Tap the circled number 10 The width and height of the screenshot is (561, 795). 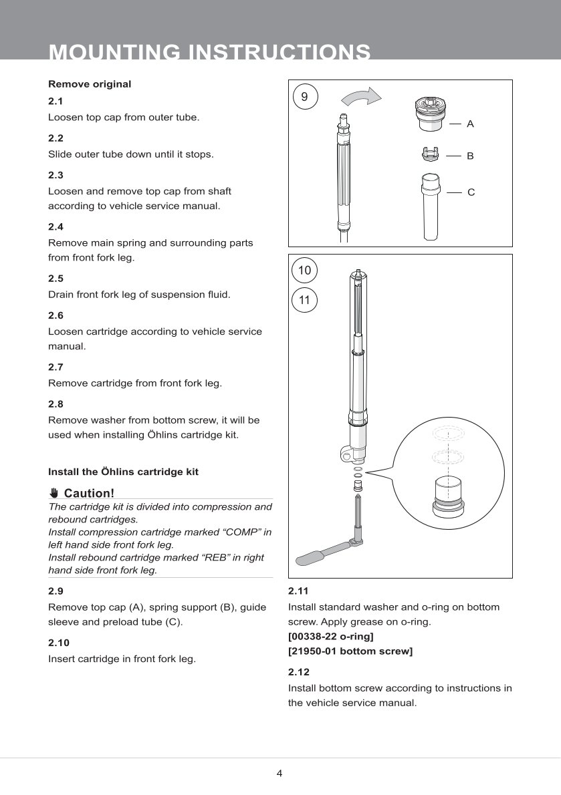305,271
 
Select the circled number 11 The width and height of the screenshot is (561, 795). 305,301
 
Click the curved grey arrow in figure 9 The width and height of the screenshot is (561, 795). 361,98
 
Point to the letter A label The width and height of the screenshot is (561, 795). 470,124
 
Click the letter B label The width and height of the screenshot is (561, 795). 470,156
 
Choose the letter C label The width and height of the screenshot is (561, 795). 471,192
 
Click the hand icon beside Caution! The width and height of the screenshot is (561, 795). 54,494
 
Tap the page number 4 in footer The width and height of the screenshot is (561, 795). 279,774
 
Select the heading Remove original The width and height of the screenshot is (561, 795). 90,84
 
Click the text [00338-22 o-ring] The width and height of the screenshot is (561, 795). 330,637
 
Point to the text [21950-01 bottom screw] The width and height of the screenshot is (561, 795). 350,651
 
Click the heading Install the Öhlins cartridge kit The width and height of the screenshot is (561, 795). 123,472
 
